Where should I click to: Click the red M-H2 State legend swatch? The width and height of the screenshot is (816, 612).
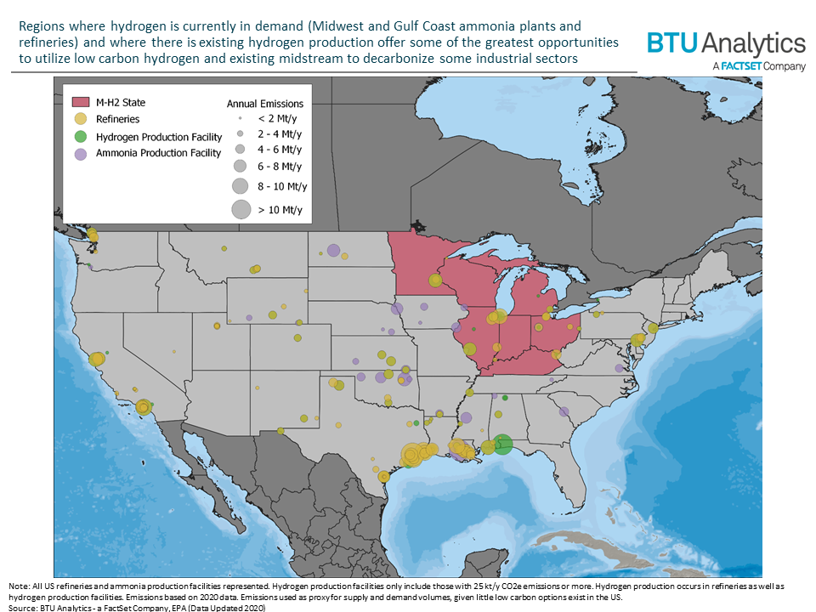point(81,102)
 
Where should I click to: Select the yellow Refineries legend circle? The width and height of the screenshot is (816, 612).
point(81,119)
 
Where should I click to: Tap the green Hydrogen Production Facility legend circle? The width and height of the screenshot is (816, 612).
point(81,136)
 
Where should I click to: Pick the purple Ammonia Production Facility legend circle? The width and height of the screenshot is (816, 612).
point(81,153)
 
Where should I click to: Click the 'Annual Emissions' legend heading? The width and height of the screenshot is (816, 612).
point(264,103)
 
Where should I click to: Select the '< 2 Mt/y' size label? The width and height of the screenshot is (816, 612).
point(275,119)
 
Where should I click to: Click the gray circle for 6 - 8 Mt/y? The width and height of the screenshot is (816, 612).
point(240,165)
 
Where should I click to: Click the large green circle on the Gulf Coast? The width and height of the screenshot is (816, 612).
point(502,444)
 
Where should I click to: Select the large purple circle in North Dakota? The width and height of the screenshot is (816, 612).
point(333,251)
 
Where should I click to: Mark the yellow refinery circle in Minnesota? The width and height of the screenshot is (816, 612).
point(435,280)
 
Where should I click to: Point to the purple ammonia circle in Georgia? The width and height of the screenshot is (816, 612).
point(563,412)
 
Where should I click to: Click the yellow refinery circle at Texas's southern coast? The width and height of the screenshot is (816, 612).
point(383,477)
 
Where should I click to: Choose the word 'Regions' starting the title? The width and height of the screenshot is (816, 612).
point(39,26)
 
